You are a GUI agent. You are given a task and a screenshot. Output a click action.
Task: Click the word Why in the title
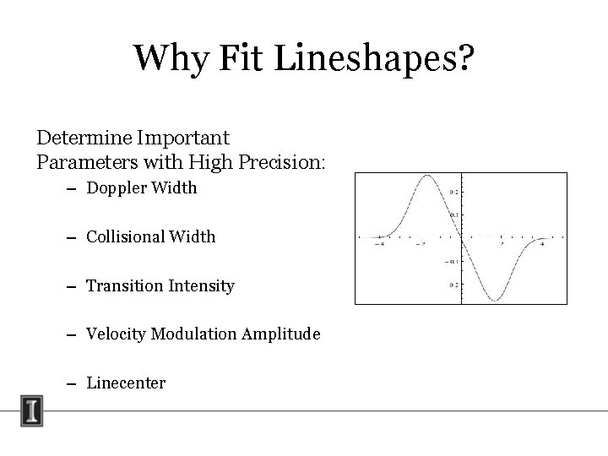(x=166, y=58)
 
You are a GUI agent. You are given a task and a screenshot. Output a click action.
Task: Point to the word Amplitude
(x=281, y=334)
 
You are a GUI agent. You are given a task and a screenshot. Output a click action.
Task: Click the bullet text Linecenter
(x=126, y=383)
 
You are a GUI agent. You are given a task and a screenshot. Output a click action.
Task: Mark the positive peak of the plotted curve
(x=428, y=176)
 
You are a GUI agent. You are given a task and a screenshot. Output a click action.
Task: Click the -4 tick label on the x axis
(x=381, y=245)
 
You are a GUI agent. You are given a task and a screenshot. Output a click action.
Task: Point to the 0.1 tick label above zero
(x=453, y=214)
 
